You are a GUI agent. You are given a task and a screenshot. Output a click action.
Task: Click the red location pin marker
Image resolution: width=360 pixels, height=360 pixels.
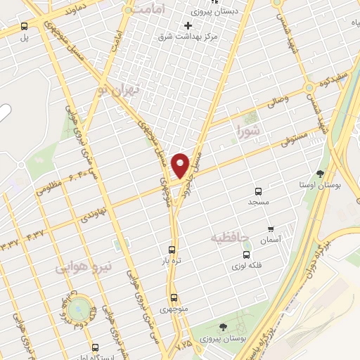(x=181, y=165)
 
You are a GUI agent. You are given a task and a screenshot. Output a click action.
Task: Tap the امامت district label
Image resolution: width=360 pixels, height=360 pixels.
(x=148, y=8)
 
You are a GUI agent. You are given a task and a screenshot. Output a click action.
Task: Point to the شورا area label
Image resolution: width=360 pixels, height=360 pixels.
(x=249, y=129)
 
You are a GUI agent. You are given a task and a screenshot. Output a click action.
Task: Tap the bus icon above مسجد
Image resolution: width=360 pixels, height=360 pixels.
(x=258, y=191)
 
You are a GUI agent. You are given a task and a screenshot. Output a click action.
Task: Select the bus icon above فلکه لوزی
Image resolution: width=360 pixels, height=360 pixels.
(x=246, y=255)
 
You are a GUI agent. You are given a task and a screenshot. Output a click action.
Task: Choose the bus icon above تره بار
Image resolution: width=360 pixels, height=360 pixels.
(x=173, y=249)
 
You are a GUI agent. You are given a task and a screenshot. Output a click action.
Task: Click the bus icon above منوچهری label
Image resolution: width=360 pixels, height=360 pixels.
(x=173, y=297)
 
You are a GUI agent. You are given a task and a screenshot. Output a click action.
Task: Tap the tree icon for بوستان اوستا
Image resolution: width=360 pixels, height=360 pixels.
(x=321, y=173)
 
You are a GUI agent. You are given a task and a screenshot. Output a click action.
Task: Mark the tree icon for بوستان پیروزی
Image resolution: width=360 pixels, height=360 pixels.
(x=223, y=327)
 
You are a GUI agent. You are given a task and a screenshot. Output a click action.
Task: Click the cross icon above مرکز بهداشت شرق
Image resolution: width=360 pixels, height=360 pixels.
(x=188, y=26)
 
